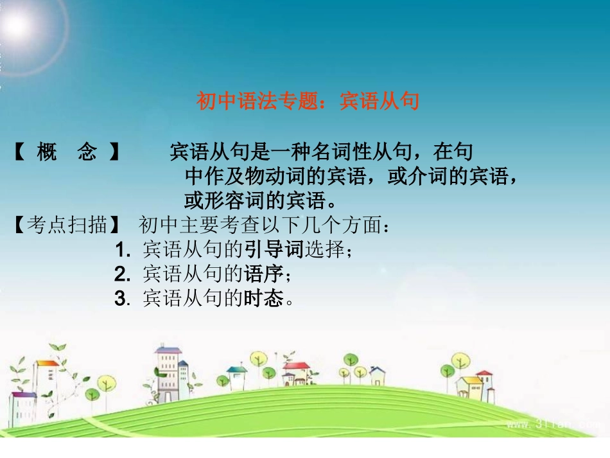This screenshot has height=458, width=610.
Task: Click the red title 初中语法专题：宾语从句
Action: pyautogui.click(x=308, y=101)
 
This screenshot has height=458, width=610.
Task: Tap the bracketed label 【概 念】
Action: pyautogui.click(x=67, y=153)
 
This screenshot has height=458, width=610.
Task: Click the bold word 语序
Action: pyautogui.click(x=263, y=274)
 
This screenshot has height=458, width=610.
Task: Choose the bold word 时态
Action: pyautogui.click(x=263, y=299)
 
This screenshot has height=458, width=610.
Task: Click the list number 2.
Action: pyautogui.click(x=121, y=275)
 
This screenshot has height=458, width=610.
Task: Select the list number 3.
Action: pyautogui.click(x=121, y=299)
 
